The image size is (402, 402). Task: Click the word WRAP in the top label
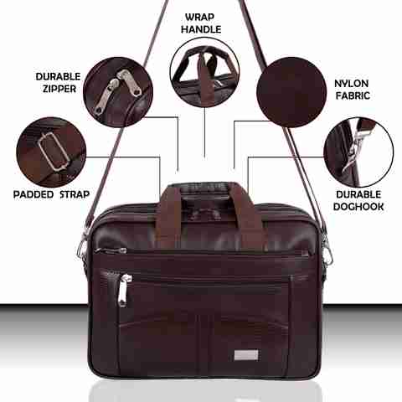199,17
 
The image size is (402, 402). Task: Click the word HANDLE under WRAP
201,29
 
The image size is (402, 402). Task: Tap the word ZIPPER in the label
59,89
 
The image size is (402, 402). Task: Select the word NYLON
351,83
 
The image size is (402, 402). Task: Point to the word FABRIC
353,95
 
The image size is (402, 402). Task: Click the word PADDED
33,194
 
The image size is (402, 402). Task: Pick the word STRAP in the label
75,194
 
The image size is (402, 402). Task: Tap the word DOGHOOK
358,207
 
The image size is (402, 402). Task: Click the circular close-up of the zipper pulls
118,92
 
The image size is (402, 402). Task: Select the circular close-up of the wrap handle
204,73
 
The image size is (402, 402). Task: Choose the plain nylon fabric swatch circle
291,92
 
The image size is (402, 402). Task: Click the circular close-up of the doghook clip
358,152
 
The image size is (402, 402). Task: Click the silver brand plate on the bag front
246,355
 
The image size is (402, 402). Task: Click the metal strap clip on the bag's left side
84,248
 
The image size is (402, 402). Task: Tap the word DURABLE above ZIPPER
58,76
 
